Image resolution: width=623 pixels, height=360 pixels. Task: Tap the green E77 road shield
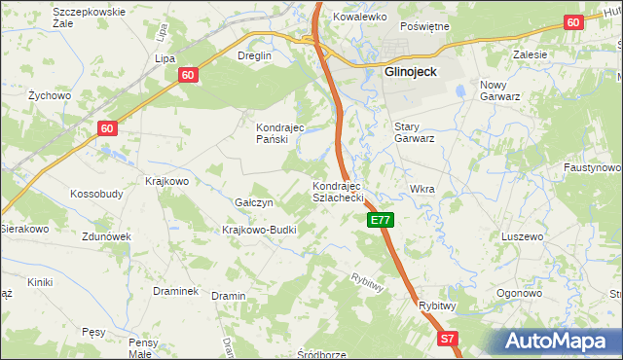pos(381,221)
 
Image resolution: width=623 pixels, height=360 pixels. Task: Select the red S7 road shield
pos(447,339)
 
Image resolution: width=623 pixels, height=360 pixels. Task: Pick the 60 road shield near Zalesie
pos(572,21)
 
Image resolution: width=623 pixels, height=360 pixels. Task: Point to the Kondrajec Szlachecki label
pos(337,191)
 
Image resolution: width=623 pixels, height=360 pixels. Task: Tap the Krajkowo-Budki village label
pos(259,230)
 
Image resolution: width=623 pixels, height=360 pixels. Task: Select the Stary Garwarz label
pos(414,132)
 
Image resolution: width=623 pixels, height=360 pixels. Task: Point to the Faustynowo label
pos(592,167)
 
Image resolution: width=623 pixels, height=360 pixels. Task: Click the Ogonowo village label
pos(519,293)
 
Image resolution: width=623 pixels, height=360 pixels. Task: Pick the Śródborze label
pos(322,354)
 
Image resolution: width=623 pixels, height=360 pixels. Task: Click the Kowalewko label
pos(361,18)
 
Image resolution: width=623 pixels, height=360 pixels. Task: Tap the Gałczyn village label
pos(254,202)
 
